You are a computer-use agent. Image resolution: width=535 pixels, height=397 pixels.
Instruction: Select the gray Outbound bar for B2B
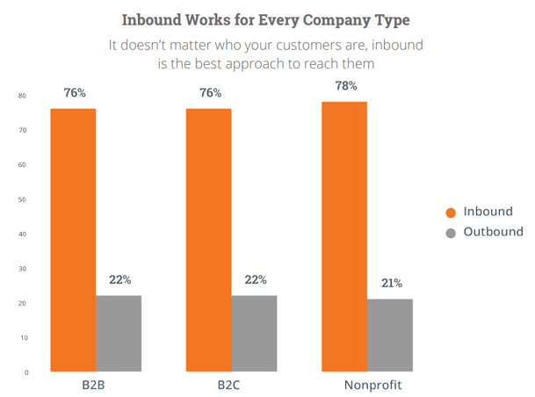(119, 334)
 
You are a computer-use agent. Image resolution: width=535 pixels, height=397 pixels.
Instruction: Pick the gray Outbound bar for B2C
(254, 334)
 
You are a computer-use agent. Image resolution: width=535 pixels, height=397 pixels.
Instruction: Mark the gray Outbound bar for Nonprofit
(390, 336)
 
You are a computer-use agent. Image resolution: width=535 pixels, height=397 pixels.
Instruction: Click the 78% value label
(345, 86)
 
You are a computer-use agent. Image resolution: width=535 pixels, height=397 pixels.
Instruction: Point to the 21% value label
(391, 283)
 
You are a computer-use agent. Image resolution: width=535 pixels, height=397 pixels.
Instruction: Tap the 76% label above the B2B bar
(74, 91)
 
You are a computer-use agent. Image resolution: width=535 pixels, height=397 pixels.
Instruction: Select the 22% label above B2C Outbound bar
(256, 280)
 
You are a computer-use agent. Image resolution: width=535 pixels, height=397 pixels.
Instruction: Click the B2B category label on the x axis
(95, 386)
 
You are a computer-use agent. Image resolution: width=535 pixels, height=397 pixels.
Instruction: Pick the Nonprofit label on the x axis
(368, 386)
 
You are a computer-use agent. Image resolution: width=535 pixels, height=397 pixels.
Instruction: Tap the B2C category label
(231, 386)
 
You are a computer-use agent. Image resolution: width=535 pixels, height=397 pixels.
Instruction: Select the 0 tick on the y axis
(25, 372)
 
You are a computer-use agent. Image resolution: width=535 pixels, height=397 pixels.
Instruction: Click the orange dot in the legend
(452, 212)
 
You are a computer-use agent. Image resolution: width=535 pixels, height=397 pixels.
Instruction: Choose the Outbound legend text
(493, 233)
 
